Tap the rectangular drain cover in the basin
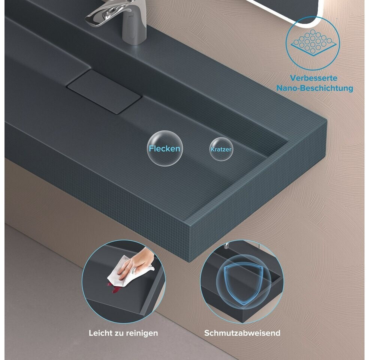[x=105, y=92]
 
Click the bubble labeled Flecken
[x=165, y=148]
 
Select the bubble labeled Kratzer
[x=221, y=149]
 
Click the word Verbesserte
[x=314, y=78]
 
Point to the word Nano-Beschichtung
[x=315, y=88]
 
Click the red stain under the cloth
[x=114, y=289]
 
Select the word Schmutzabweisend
[x=242, y=333]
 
